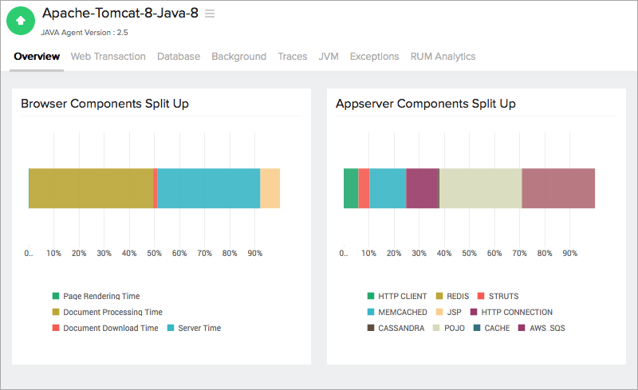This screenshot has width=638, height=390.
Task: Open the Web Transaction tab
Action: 108,57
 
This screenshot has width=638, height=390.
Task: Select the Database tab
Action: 179,57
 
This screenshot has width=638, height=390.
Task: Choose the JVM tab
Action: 329,57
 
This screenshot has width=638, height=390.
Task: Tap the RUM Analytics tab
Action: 443,57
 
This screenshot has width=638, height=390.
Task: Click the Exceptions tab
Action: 374,57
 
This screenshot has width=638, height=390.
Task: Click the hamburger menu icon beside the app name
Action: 210,14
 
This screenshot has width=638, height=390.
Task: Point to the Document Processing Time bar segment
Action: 91,188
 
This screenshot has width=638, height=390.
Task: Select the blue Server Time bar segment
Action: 208,188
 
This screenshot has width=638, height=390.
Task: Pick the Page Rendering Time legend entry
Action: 101,297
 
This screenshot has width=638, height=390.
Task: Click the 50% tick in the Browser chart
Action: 155,254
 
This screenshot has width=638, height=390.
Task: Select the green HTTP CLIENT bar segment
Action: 351,188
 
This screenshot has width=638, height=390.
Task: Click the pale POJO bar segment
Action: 480,188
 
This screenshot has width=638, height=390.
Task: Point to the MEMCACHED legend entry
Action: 403,313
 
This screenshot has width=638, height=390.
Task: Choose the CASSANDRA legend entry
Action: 401,328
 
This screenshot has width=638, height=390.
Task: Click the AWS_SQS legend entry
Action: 547,328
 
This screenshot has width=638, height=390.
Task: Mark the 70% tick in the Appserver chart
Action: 520,254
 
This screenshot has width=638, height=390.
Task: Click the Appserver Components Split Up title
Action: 426,104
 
